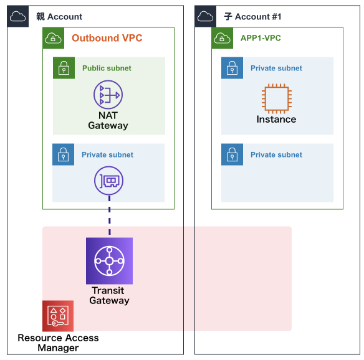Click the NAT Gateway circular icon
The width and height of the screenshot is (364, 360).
coord(108,95)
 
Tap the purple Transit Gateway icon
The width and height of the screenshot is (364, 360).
coord(109,261)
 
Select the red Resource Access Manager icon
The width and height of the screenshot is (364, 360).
coord(58,316)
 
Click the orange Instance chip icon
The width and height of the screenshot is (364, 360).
coord(277,98)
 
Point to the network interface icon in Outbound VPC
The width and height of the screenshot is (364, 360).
coord(108,181)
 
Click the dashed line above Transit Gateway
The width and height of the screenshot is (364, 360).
coord(110,215)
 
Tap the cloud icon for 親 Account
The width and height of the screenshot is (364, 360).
coord(18,16)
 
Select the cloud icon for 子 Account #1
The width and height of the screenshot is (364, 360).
coord(206,16)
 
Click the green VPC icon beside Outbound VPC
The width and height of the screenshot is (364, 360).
coord(54,38)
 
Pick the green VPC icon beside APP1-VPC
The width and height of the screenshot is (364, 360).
coord(222,38)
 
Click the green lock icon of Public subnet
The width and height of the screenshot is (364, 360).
coord(64,68)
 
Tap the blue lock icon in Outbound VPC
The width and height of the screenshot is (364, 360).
coord(63,154)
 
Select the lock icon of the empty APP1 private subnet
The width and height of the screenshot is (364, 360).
coord(232,154)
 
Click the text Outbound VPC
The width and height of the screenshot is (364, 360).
coord(107,38)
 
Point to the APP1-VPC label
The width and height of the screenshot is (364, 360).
coord(261,38)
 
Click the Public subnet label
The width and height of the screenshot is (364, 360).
coord(107,68)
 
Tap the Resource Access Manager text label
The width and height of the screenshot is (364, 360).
coord(58,343)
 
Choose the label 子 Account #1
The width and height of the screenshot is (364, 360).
coord(252,17)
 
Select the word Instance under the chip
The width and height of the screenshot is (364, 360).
coord(276,119)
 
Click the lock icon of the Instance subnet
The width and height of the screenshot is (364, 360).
coord(232,68)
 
